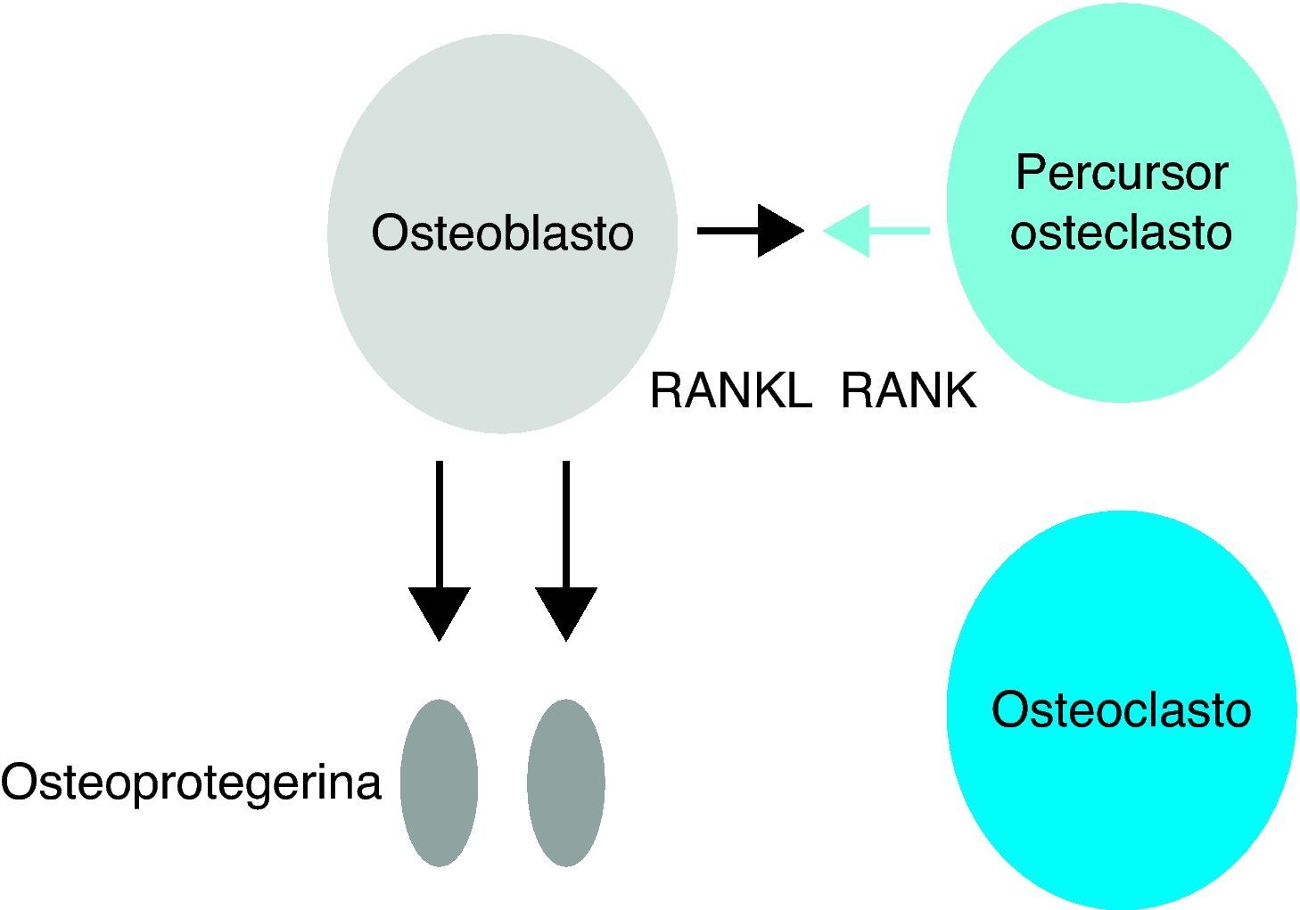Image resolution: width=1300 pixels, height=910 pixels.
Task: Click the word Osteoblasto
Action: tap(502, 234)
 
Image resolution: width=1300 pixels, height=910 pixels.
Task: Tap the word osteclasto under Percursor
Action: tap(1121, 232)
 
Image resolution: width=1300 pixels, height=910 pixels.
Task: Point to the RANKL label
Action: tap(730, 390)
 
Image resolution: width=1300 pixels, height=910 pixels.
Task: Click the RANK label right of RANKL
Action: tap(909, 390)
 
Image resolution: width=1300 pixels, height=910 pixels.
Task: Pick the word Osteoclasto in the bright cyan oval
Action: tap(1121, 710)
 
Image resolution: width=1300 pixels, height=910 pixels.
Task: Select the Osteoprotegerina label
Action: tap(191, 783)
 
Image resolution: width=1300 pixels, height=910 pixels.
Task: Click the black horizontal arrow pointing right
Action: tap(750, 232)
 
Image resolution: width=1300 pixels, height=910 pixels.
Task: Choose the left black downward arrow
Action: tap(439, 548)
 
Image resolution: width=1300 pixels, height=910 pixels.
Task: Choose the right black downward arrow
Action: tap(565, 548)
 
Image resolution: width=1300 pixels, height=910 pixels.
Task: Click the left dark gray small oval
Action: tap(439, 783)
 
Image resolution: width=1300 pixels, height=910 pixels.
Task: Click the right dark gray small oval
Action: tap(565, 783)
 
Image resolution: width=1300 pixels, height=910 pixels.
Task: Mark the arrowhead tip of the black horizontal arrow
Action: tap(802, 232)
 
